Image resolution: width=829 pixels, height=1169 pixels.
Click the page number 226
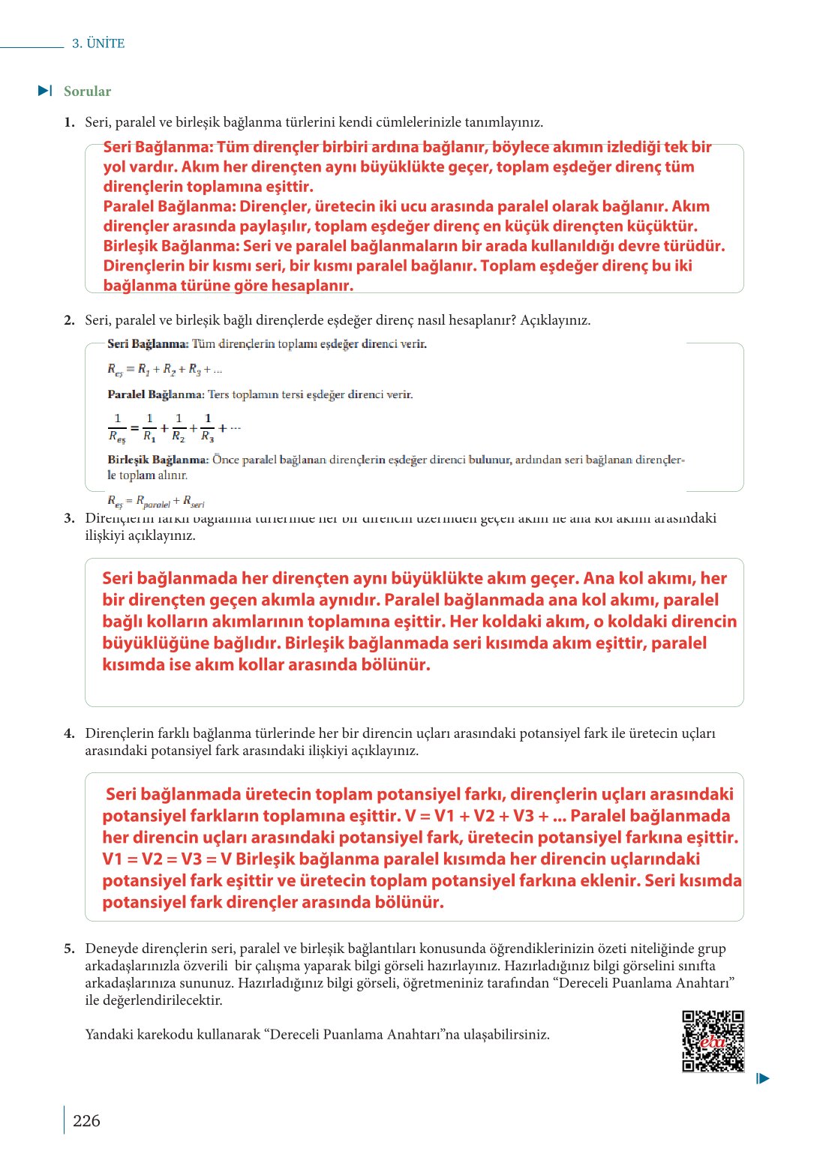click(x=86, y=1121)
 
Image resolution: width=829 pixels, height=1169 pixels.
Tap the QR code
click(x=713, y=1042)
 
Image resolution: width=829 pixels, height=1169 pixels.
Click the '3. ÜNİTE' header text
click(x=98, y=43)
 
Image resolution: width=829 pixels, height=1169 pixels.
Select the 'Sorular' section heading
click(x=87, y=91)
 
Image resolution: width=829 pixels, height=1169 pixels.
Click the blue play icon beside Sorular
click(x=45, y=91)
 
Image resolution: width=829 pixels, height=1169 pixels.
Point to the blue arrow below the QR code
click(x=763, y=1079)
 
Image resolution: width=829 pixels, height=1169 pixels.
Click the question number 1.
click(x=69, y=122)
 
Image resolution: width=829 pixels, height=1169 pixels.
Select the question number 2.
click(x=69, y=320)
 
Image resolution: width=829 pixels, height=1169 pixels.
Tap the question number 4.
click(x=69, y=733)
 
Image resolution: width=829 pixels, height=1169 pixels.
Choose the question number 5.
click(x=69, y=949)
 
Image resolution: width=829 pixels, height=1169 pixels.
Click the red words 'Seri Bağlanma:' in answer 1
click(x=158, y=148)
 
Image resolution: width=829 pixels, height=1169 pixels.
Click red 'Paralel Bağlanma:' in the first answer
click(x=170, y=207)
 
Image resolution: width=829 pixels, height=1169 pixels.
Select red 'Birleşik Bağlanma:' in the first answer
click(x=172, y=246)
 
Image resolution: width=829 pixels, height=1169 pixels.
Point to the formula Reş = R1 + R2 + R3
click(x=164, y=370)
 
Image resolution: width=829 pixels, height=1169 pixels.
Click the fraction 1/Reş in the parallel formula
click(x=117, y=428)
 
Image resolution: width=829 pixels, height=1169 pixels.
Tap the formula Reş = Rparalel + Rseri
click(x=155, y=502)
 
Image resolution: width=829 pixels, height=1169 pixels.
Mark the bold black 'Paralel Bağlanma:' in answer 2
click(x=155, y=394)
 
